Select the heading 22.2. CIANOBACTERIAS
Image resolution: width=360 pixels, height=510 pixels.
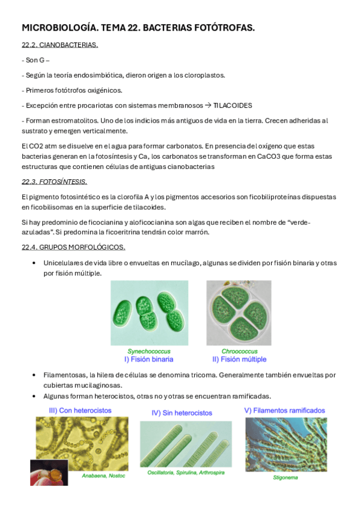coord(59,45)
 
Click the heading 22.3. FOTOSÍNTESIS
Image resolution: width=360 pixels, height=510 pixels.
coord(54,182)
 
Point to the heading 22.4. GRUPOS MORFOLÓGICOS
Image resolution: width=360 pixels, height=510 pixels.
coord(73,247)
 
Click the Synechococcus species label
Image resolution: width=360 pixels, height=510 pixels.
coord(148,351)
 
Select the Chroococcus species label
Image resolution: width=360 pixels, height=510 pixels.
coord(239,351)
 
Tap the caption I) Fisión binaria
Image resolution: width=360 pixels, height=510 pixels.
coord(148,359)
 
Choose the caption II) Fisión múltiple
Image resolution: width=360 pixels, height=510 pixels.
coord(239,359)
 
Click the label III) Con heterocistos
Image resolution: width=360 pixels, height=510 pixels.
coord(81,411)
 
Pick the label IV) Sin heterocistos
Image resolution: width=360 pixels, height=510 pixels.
coord(182,413)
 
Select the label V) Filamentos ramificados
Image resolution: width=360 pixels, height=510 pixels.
coord(284,411)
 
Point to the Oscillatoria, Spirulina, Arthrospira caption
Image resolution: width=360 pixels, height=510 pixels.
coord(186,473)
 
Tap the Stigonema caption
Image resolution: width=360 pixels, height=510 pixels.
coord(285,478)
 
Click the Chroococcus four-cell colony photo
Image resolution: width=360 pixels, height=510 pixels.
coord(239,313)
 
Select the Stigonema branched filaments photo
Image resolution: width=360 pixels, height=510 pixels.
coord(285,445)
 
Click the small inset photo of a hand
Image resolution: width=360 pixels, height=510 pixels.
coord(49,473)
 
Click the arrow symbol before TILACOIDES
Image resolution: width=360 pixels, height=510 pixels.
coord(208,105)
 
